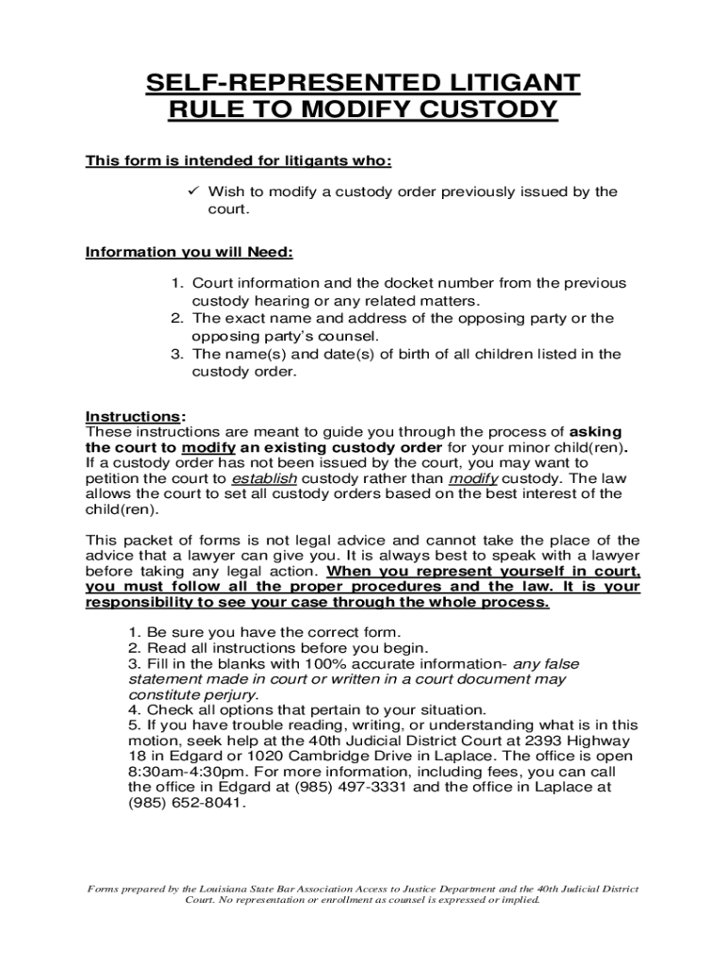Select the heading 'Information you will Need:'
click(x=190, y=252)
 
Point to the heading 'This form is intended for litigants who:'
click(x=239, y=160)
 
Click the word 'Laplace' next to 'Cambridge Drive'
click(x=435, y=756)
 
